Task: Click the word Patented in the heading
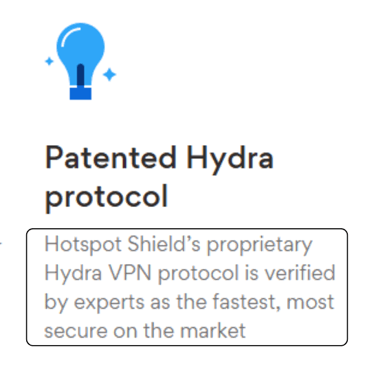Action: click(111, 157)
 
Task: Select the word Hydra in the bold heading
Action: click(230, 160)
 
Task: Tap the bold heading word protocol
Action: click(107, 198)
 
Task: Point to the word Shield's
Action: click(164, 243)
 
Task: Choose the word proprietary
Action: click(259, 245)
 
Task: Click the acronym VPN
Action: click(130, 273)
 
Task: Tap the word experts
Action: click(109, 303)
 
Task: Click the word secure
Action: click(76, 331)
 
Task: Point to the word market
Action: click(213, 330)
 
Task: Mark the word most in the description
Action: click(310, 302)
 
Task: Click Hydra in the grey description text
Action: click(73, 274)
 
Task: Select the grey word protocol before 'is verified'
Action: click(198, 274)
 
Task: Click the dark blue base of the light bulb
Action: click(80, 93)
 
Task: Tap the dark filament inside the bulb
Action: click(80, 76)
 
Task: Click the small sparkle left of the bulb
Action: click(49, 61)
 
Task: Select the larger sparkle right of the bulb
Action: click(109, 74)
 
